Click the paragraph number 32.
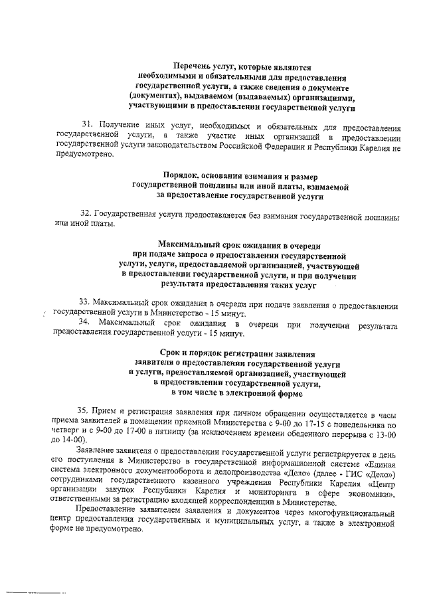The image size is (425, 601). click(86, 215)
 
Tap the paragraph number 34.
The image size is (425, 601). click(85, 322)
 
